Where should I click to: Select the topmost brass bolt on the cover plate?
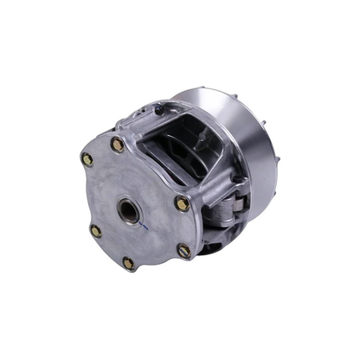click(x=117, y=145)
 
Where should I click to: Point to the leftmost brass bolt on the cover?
click(x=87, y=159)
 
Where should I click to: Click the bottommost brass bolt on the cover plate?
click(x=129, y=262)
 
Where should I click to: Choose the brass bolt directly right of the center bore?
click(x=182, y=204)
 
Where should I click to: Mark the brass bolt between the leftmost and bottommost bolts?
click(x=96, y=231)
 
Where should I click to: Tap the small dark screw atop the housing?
click(x=158, y=110)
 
